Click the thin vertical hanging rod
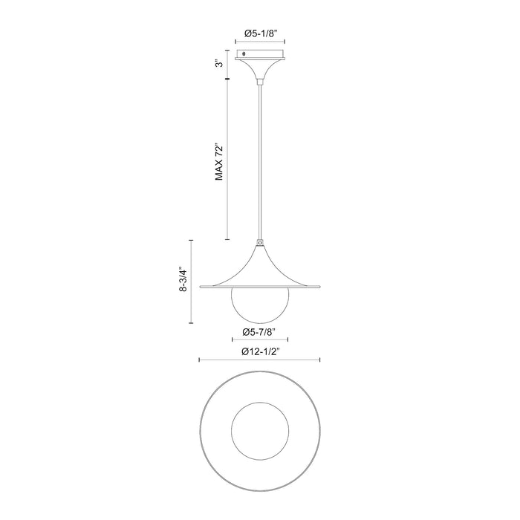click(259, 163)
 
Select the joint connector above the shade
click(259, 242)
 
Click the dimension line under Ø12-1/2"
click(259, 360)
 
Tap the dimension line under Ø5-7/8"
click(259, 339)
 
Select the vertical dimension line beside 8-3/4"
click(192, 281)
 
